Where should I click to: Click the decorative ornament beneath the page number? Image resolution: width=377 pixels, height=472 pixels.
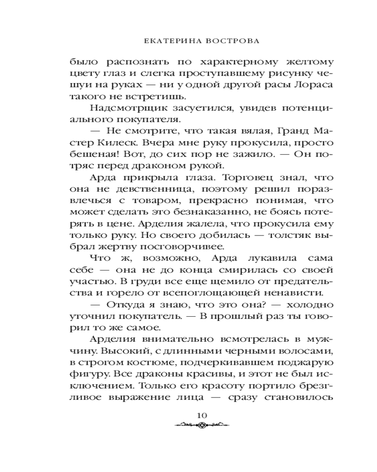click(x=201, y=425)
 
